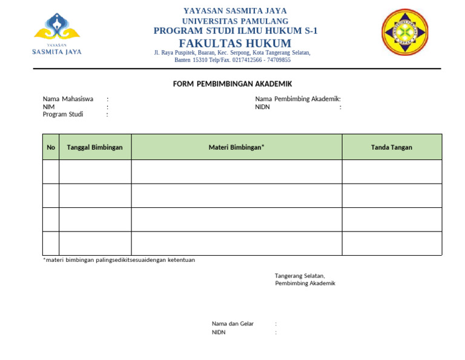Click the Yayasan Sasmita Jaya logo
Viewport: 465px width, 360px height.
click(56, 34)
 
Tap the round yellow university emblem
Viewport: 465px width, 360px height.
click(404, 32)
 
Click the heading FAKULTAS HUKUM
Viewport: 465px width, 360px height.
click(235, 43)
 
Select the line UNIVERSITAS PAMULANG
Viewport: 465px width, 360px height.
click(235, 21)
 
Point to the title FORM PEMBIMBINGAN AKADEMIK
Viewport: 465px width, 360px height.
click(232, 84)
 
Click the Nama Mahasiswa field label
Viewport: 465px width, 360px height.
click(68, 99)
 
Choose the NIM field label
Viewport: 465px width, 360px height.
click(48, 107)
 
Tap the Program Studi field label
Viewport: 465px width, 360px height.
click(63, 114)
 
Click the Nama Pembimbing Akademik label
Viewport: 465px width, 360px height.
click(297, 99)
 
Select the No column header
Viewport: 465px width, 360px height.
click(51, 147)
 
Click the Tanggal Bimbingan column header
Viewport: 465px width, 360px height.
click(94, 147)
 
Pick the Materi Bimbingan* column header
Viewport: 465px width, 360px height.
click(236, 147)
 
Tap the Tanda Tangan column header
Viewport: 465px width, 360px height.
click(391, 147)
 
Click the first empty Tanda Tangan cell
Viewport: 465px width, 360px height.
click(391, 172)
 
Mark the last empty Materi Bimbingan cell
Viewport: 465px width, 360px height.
click(236, 243)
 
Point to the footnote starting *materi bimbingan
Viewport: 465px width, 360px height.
click(119, 260)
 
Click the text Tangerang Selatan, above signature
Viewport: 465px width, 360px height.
click(300, 276)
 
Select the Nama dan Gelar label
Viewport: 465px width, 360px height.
click(232, 324)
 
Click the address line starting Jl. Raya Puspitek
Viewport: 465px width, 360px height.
click(232, 53)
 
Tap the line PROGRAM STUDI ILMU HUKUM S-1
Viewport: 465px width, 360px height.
click(235, 31)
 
